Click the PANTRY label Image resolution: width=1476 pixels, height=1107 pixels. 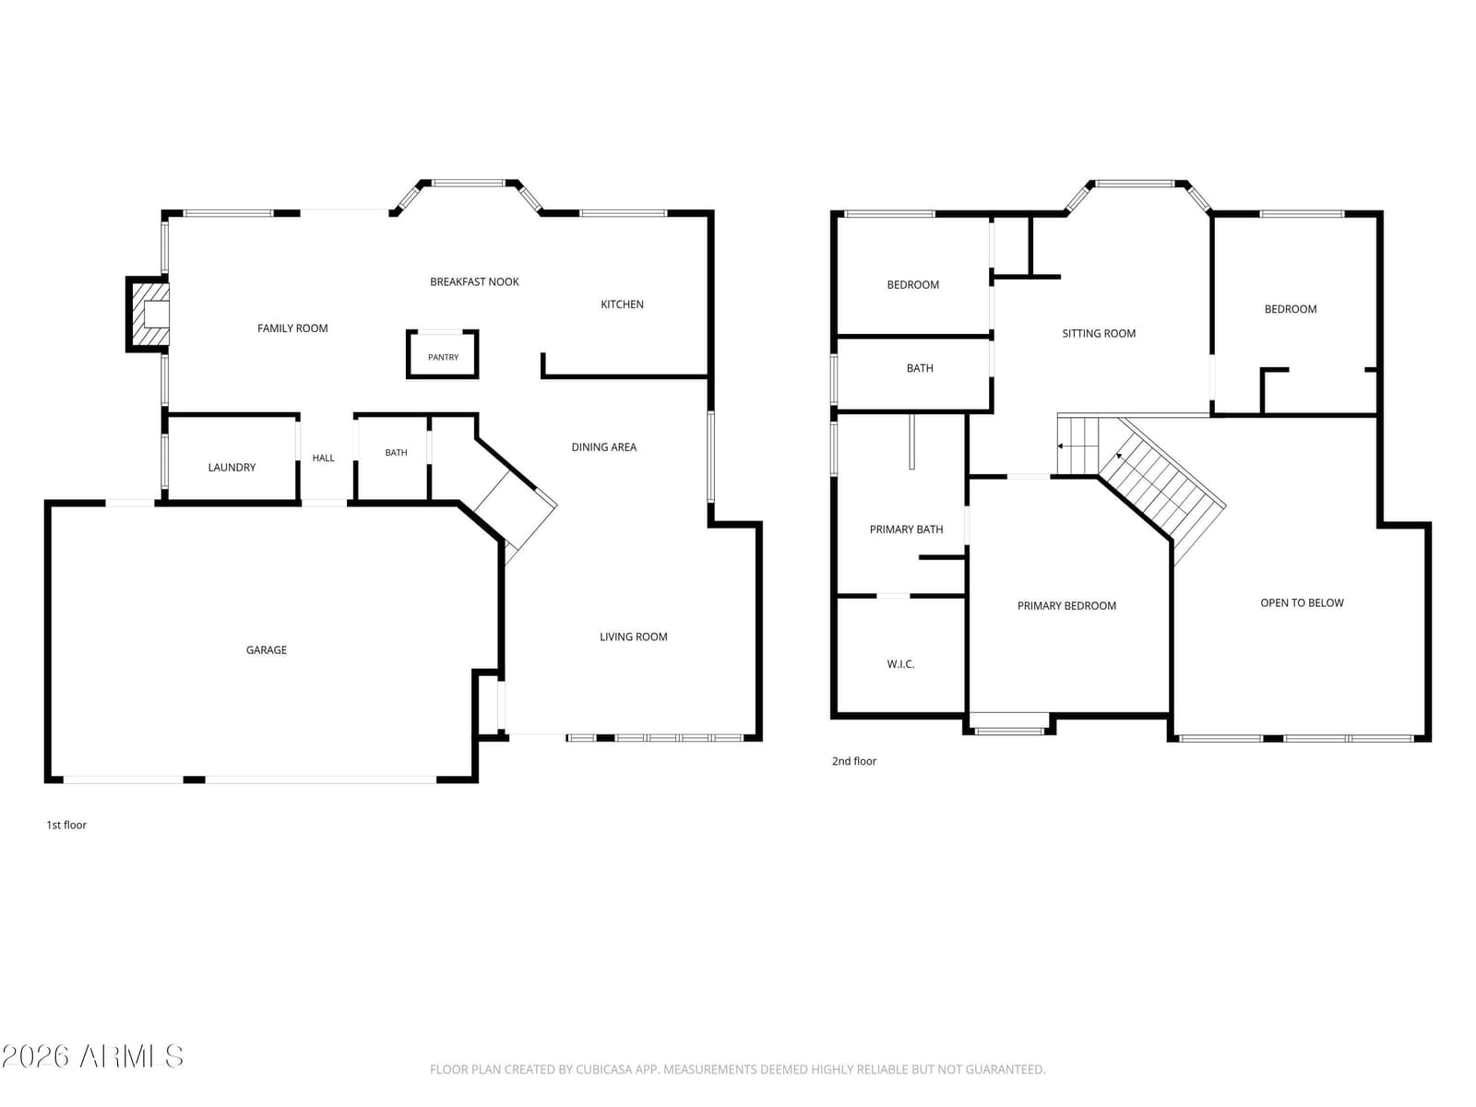(443, 358)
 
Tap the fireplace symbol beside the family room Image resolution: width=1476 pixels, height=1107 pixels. (149, 314)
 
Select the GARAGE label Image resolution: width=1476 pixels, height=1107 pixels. (267, 650)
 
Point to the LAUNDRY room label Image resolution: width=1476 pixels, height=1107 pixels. (232, 467)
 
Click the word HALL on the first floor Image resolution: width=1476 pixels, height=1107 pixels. (324, 458)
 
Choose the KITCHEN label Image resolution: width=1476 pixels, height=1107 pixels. (622, 304)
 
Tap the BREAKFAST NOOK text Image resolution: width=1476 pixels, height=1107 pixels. (475, 281)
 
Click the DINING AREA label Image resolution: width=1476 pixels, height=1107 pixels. (604, 447)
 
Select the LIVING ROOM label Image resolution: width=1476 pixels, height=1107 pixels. (634, 637)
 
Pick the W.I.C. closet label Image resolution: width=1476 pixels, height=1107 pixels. (900, 664)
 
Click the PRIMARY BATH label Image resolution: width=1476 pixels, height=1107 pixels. (907, 530)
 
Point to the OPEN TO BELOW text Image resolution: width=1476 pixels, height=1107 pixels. (1302, 603)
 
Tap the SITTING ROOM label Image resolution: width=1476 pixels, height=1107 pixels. (1099, 333)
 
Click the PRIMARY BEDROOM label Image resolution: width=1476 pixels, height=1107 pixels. (1066, 605)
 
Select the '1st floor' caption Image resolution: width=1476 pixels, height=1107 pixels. (66, 825)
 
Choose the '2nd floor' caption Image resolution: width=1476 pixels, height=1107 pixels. (854, 761)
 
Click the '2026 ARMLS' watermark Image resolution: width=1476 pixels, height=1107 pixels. (92, 1056)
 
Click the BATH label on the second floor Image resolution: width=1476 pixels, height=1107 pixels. (920, 368)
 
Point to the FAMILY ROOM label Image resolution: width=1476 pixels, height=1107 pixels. (292, 328)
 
